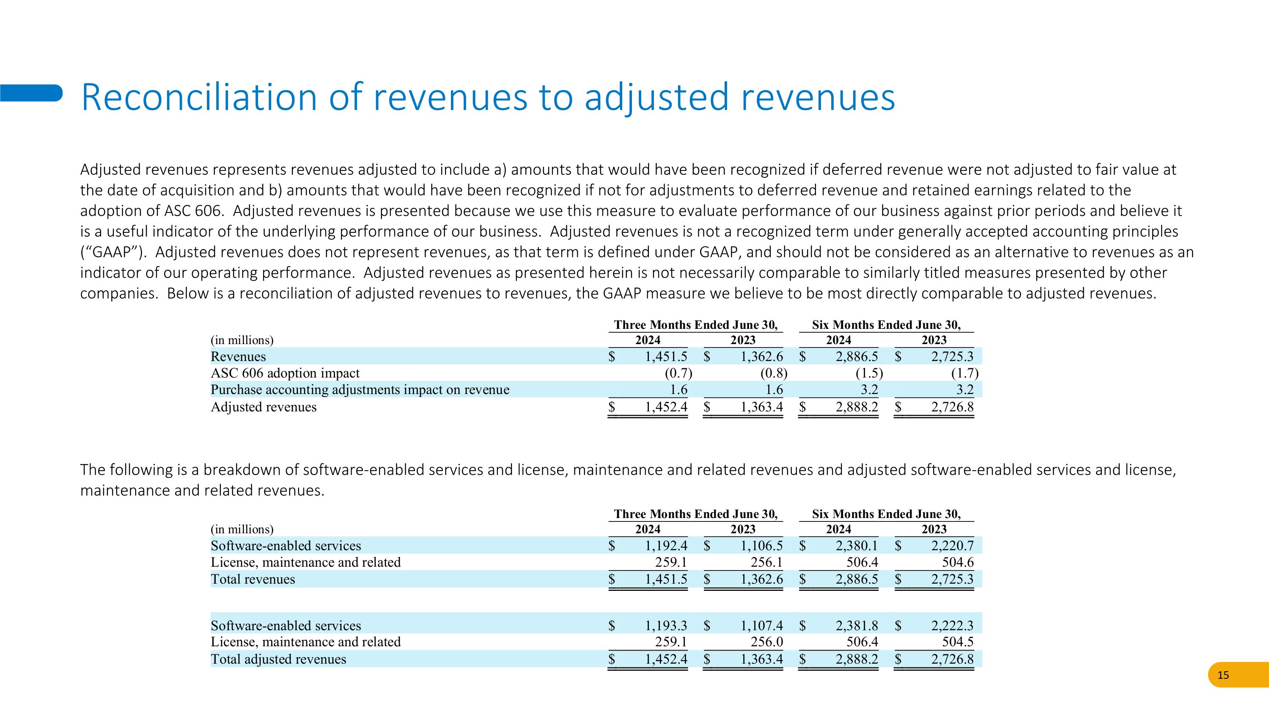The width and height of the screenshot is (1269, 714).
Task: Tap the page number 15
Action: (1223, 675)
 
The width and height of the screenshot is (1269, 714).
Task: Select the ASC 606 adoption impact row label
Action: (285, 373)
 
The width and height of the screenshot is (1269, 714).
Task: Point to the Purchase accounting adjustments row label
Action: (360, 390)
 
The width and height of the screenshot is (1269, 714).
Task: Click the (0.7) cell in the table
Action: (678, 373)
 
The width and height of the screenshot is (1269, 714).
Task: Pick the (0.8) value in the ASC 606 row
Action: (773, 373)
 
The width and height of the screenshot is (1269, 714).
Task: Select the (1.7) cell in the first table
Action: (964, 373)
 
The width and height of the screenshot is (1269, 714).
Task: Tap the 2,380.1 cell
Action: (857, 546)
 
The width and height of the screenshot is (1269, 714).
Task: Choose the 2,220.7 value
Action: (952, 546)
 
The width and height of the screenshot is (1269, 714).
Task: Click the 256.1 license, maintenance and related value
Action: (766, 562)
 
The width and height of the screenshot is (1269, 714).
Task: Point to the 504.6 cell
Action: (958, 562)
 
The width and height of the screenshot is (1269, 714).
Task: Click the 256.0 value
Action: (766, 642)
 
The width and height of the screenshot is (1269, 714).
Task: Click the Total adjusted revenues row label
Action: (278, 659)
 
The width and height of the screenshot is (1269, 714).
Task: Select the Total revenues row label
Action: (253, 579)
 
